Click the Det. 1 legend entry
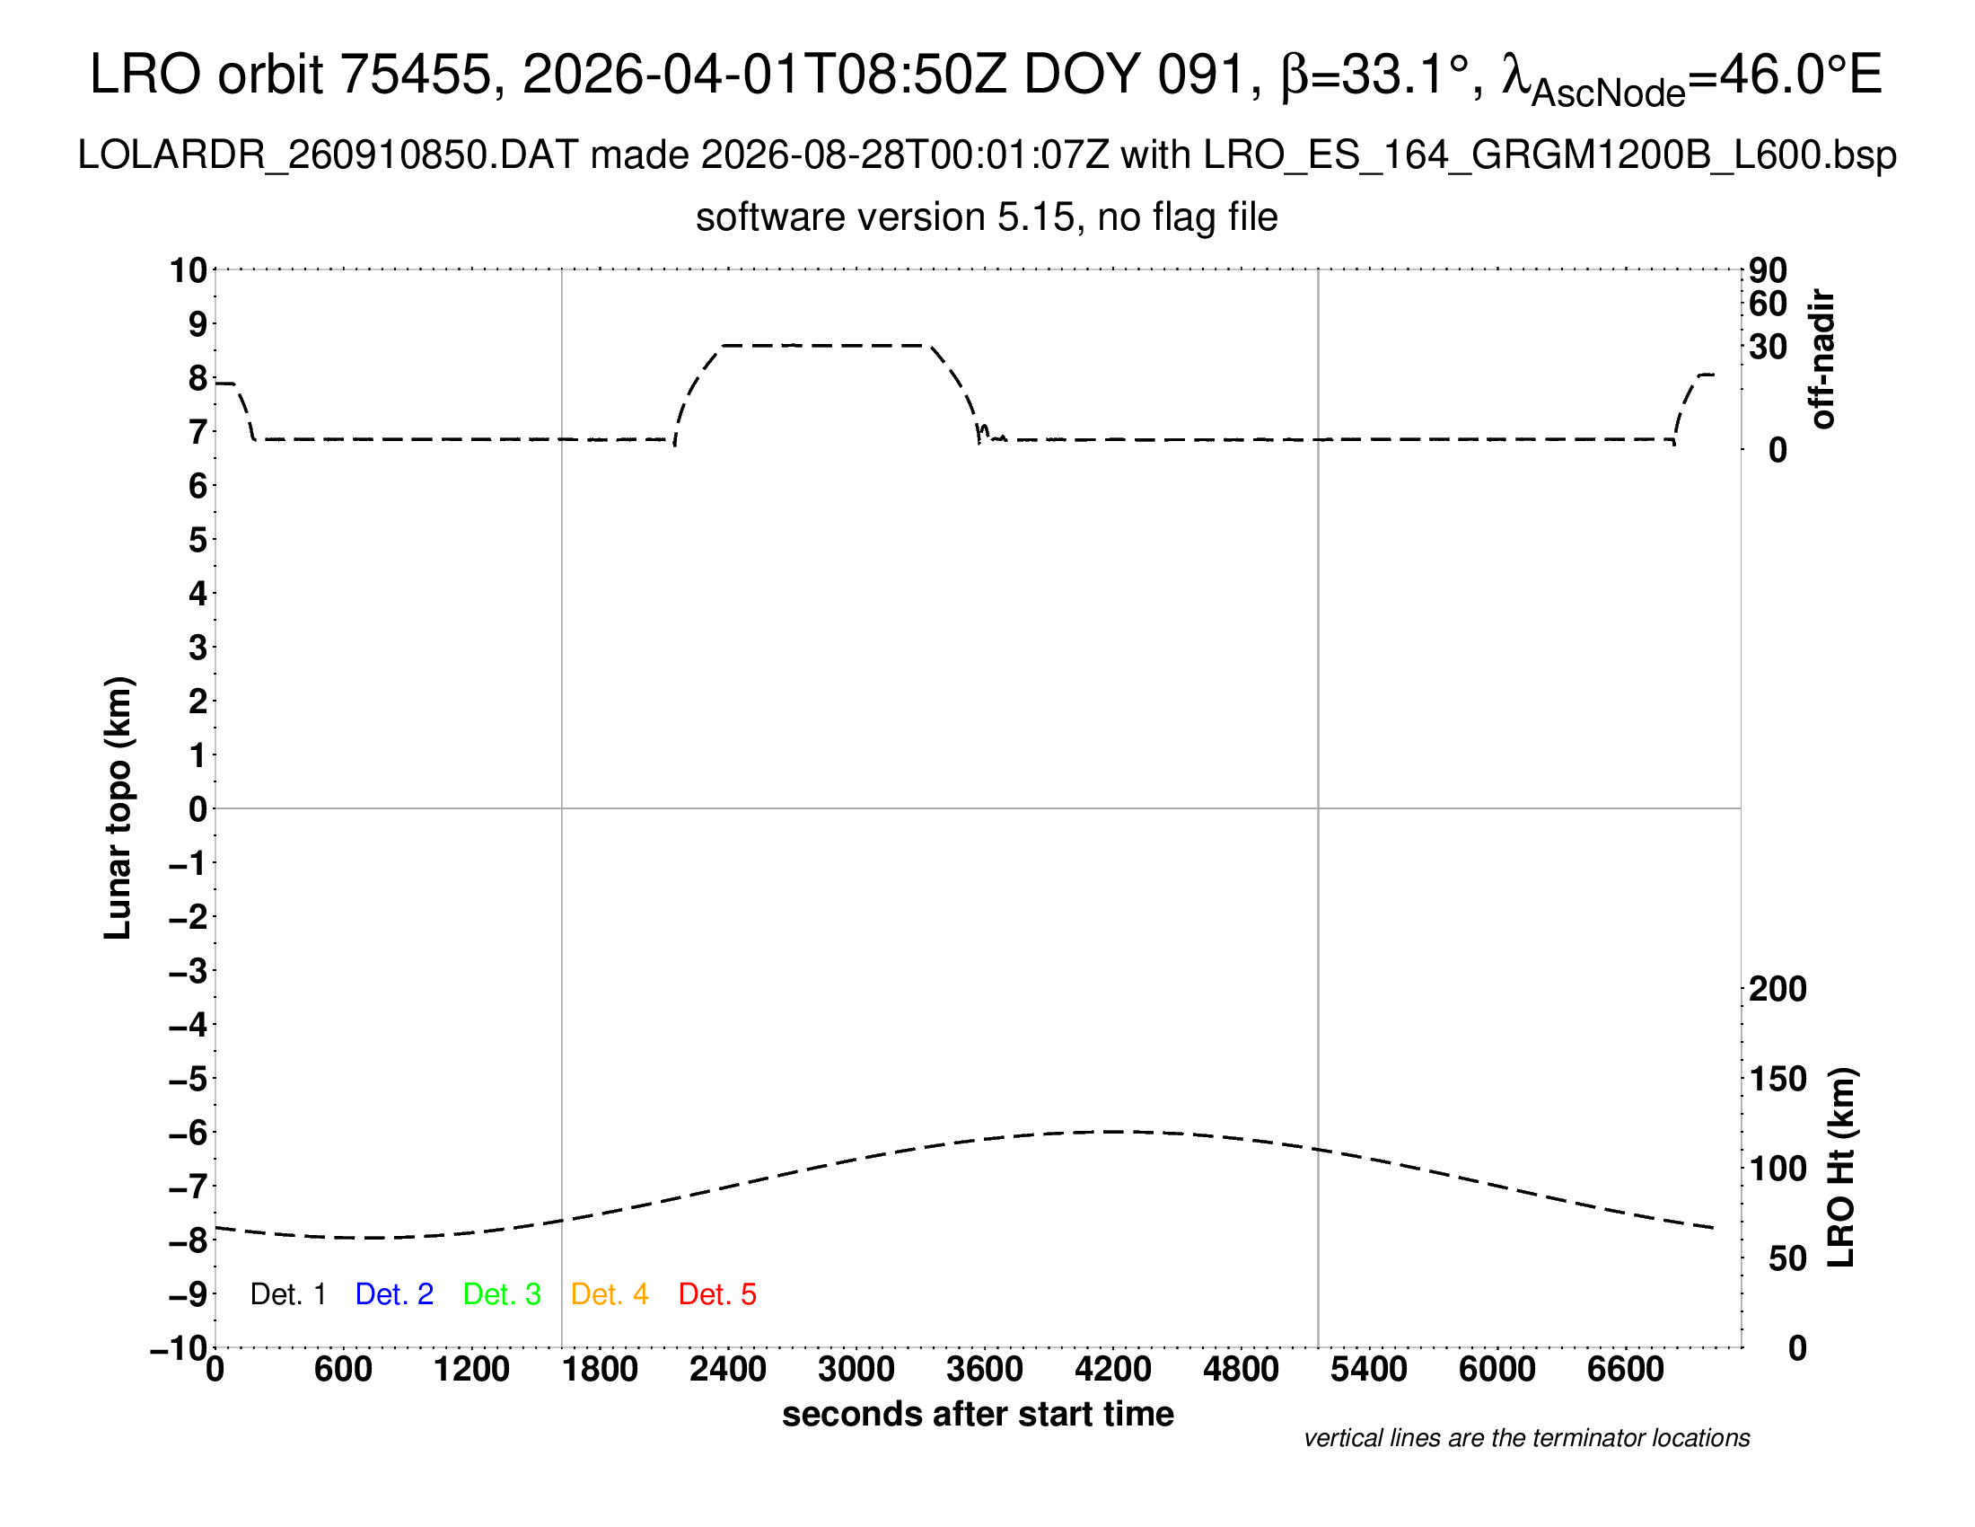287,1294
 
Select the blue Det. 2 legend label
394,1294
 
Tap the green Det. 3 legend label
502,1294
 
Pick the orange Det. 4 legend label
610,1294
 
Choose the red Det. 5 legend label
717,1294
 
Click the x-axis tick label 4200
1113,1370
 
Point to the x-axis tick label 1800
601,1370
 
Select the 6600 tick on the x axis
1626,1370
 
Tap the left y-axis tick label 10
189,269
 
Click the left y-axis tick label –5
189,1079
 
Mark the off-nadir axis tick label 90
1769,269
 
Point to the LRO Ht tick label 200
1777,989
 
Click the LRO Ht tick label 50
1787,1258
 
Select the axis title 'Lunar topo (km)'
118,808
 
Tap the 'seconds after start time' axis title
978,1414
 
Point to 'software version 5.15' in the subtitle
886,217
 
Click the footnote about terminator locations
1527,1438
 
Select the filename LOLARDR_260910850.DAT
329,155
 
